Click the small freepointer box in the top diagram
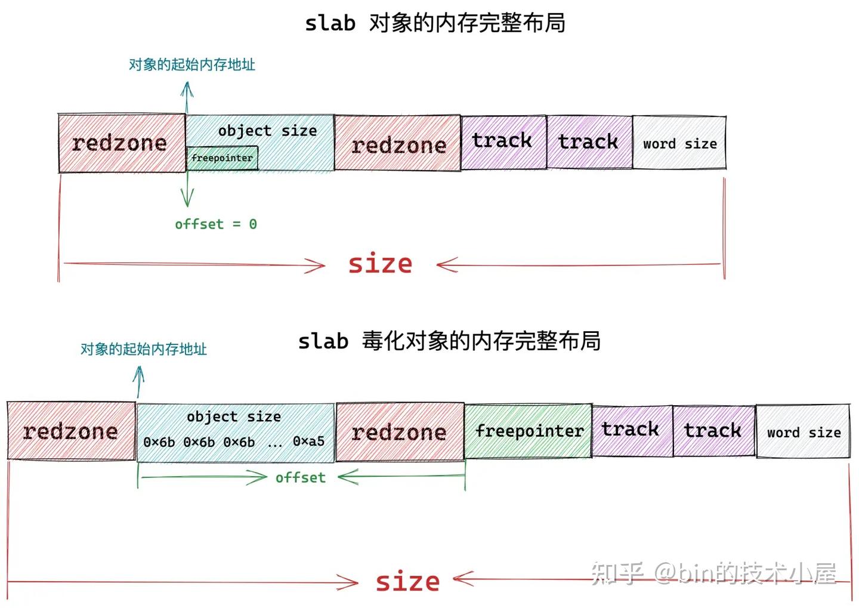tap(222, 158)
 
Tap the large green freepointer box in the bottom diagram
tap(529, 431)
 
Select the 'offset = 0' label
tap(215, 224)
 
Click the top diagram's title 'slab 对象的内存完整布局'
tap(435, 23)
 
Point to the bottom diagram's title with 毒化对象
tap(449, 341)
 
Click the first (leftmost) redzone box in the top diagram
tap(120, 143)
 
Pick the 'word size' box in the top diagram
tap(679, 144)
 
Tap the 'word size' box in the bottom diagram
tap(804, 433)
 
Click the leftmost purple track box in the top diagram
tap(502, 141)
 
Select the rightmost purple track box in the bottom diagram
tap(713, 430)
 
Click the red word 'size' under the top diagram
tap(380, 264)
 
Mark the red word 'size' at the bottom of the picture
tap(407, 581)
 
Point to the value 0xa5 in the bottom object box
tap(308, 442)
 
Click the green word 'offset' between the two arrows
tap(301, 477)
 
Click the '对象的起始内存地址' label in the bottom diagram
tap(143, 349)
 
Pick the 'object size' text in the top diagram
tap(267, 131)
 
